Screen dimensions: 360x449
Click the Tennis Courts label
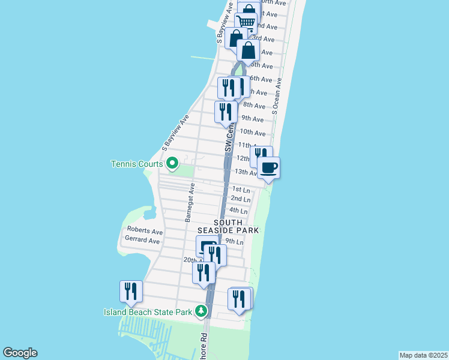tap(137, 164)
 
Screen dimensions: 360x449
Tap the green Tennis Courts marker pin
tap(172, 163)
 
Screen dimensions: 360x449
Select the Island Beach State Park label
tap(147, 311)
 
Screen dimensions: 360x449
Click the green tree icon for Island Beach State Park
tap(200, 311)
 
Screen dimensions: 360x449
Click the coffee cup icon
tap(268, 167)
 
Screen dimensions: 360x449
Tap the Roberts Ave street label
tap(145, 231)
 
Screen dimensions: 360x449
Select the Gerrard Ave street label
tap(142, 241)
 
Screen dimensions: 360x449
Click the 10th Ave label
tap(252, 132)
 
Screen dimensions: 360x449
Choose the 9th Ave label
tap(252, 119)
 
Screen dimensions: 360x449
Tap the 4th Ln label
tap(238, 211)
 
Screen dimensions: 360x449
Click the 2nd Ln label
tap(240, 199)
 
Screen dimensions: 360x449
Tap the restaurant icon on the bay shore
tap(131, 291)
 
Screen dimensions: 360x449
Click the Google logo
tap(20, 353)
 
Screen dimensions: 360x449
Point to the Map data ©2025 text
tap(423, 355)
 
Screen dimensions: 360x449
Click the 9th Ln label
tap(235, 241)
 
